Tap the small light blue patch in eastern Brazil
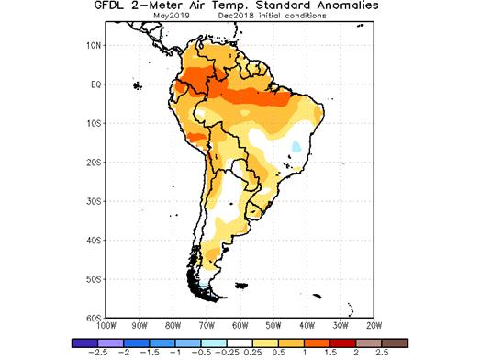point(295,146)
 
